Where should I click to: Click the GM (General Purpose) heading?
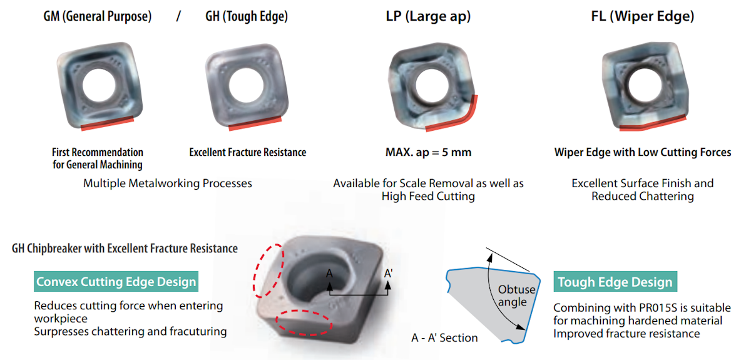(97, 17)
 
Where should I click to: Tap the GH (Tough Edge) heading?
(247, 17)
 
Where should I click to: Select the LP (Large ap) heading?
(429, 17)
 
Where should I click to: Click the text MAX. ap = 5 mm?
(428, 152)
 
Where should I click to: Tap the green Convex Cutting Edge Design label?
(116, 282)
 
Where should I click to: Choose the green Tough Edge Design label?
(615, 282)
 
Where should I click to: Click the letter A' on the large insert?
(389, 274)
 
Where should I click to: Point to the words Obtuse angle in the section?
(516, 296)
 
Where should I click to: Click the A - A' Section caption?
(444, 338)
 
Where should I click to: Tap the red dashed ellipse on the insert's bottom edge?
(304, 322)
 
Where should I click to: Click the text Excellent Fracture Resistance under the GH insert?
(247, 152)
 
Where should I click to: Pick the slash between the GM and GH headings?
(178, 17)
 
